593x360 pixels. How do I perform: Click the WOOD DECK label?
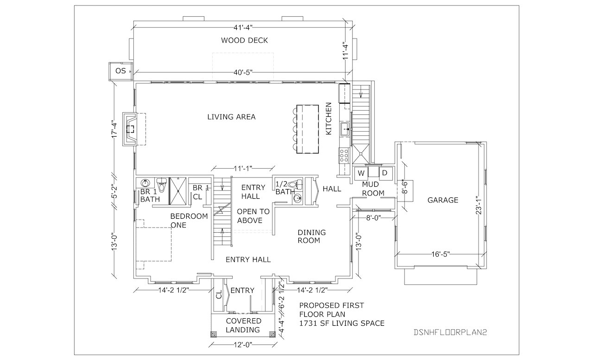(244, 40)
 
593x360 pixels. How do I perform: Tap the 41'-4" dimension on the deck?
(243, 27)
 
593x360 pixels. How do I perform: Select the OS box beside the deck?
(121, 71)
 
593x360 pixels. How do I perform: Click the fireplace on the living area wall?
(130, 129)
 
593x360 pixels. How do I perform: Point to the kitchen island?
(307, 129)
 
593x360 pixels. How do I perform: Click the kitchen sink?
(345, 129)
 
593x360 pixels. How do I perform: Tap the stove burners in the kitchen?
(344, 155)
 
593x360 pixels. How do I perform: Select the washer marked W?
(361, 173)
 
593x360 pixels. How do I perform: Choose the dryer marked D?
(385, 173)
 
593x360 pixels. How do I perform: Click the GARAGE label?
(442, 200)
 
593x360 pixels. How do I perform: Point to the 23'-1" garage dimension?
(479, 205)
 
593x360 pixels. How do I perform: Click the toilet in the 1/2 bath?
(296, 184)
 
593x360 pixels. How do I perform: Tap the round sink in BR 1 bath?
(145, 183)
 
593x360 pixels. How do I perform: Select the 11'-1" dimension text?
(243, 168)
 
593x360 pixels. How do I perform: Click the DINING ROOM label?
(312, 236)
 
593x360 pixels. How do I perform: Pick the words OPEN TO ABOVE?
(253, 216)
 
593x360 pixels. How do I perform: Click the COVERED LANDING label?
(243, 325)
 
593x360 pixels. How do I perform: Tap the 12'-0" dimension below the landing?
(243, 345)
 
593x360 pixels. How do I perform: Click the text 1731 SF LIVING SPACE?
(342, 323)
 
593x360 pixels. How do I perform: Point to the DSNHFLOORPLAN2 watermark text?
(450, 333)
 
